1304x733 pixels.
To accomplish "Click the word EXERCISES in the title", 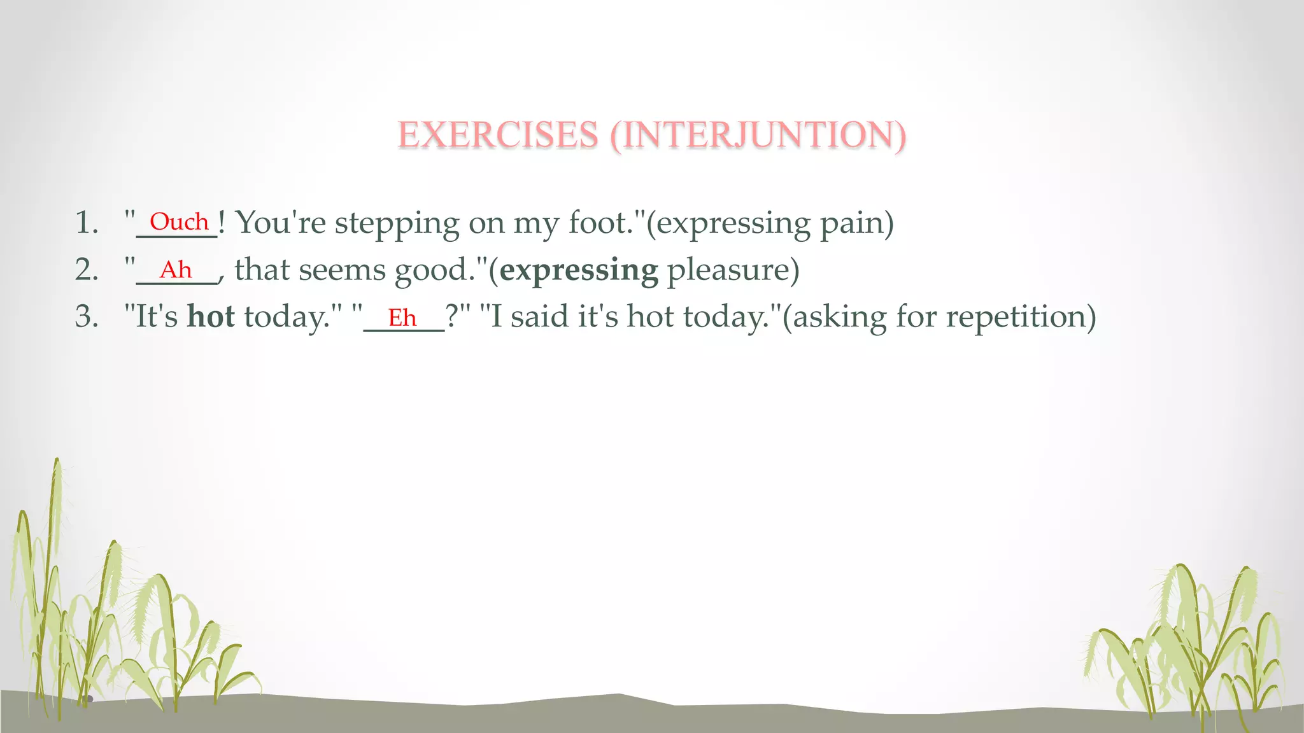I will point(498,135).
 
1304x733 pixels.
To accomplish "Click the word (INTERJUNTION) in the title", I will point(758,135).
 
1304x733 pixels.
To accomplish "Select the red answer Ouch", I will point(179,222).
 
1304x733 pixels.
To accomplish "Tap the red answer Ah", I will point(175,270).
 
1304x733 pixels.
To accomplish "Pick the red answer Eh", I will point(402,318).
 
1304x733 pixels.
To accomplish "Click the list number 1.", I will point(86,223).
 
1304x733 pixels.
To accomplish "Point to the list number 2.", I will point(86,270).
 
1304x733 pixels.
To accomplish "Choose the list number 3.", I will point(86,317).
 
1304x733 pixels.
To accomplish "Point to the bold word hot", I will point(211,317).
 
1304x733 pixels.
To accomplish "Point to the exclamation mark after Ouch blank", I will point(222,222).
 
